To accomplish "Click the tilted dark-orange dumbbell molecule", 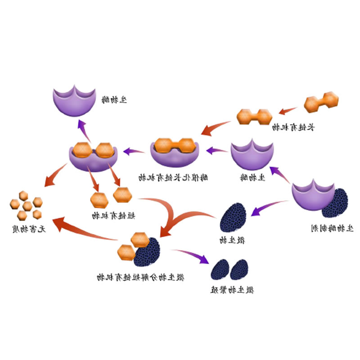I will pos(321,102).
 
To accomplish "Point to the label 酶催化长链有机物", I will pos(173,178).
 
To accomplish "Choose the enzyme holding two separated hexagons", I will pos(93,156).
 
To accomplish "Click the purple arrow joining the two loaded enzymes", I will pos(134,151).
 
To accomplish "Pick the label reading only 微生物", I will pos(232,240).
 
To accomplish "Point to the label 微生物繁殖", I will pos(231,290).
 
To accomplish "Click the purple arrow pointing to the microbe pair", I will pos(192,256).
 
